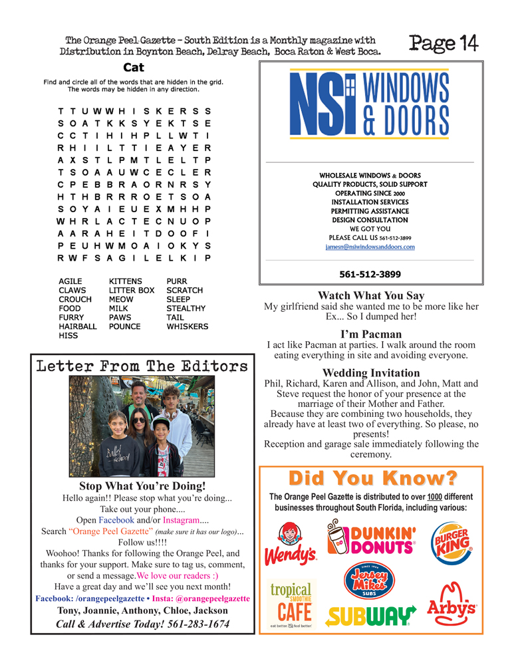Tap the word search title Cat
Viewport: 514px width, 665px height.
point(134,67)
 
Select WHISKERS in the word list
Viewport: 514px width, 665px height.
point(188,327)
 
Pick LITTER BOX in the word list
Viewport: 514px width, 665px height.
point(132,291)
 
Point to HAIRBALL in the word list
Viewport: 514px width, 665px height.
point(78,327)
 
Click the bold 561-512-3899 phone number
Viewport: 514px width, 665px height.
point(371,273)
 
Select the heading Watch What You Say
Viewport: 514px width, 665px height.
point(371,295)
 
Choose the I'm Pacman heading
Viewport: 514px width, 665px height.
point(371,334)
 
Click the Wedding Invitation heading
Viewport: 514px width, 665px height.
point(371,372)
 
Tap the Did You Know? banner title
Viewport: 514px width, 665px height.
point(371,478)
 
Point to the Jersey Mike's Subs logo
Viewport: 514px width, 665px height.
point(371,581)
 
